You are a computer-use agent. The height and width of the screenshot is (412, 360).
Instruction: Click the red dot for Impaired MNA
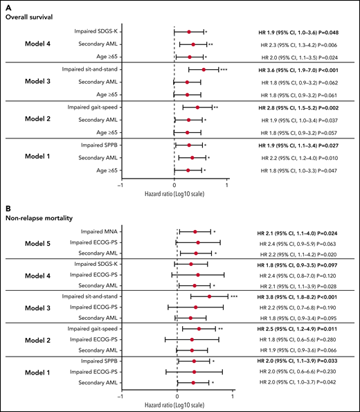pos(195,232)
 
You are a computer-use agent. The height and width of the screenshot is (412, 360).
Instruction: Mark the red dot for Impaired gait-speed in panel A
pos(197,107)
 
